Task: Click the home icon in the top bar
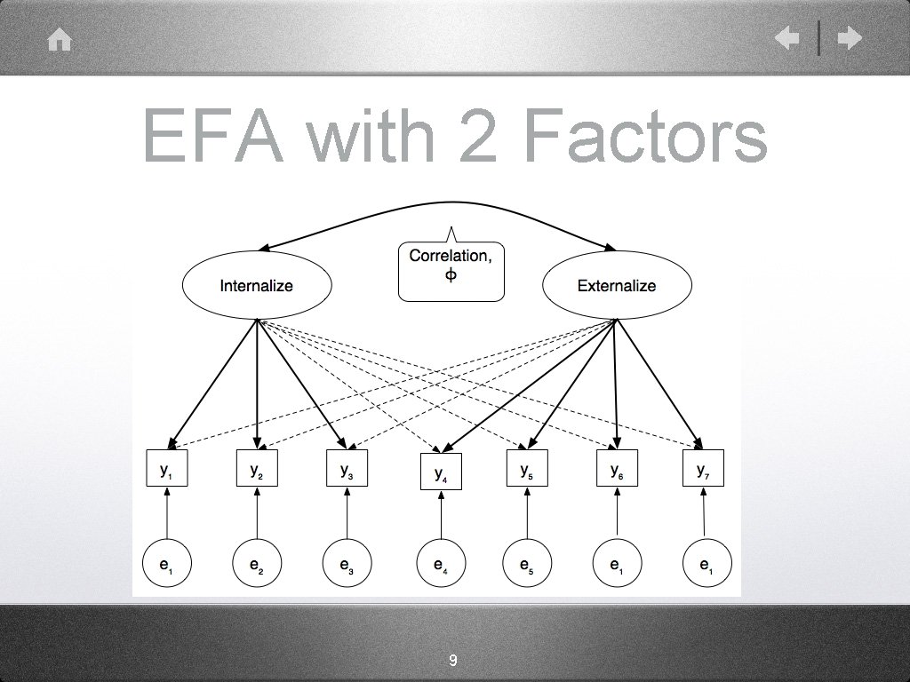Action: pyautogui.click(x=60, y=41)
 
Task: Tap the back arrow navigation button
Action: pyautogui.click(x=786, y=38)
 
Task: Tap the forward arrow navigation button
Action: pyautogui.click(x=850, y=38)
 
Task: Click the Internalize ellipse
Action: pyautogui.click(x=256, y=285)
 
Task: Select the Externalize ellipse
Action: pyautogui.click(x=616, y=285)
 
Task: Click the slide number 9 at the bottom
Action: pyautogui.click(x=453, y=661)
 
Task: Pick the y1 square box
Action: pyautogui.click(x=167, y=470)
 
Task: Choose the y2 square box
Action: pyautogui.click(x=256, y=470)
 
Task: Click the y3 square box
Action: pyautogui.click(x=347, y=470)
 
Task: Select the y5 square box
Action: pyautogui.click(x=527, y=470)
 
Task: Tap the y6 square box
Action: pyautogui.click(x=617, y=470)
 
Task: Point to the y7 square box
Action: pyautogui.click(x=703, y=470)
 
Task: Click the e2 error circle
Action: pyautogui.click(x=256, y=563)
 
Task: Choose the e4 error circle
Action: pyautogui.click(x=441, y=563)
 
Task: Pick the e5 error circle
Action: pyautogui.click(x=527, y=563)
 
